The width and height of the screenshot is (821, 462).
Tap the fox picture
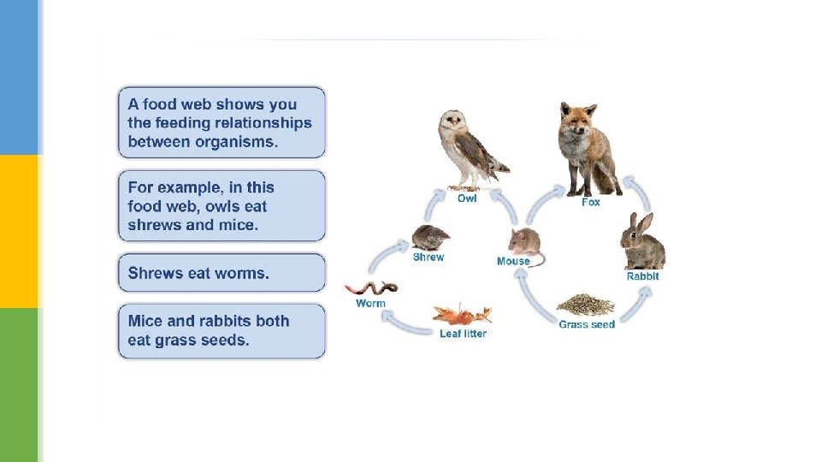[x=588, y=149]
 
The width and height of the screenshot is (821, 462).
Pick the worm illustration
[x=369, y=288]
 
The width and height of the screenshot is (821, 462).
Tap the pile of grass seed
[x=586, y=305]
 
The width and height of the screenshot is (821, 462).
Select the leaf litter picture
[x=463, y=314]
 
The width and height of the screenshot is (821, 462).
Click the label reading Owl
[x=467, y=198]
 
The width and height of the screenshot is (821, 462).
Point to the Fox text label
[x=591, y=202]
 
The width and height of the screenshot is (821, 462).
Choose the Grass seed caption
[x=587, y=324]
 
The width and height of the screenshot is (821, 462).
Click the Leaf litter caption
[x=463, y=334]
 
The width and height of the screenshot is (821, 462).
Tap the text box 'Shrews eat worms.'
[x=221, y=273]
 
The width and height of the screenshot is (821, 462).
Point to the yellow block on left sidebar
[x=19, y=231]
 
